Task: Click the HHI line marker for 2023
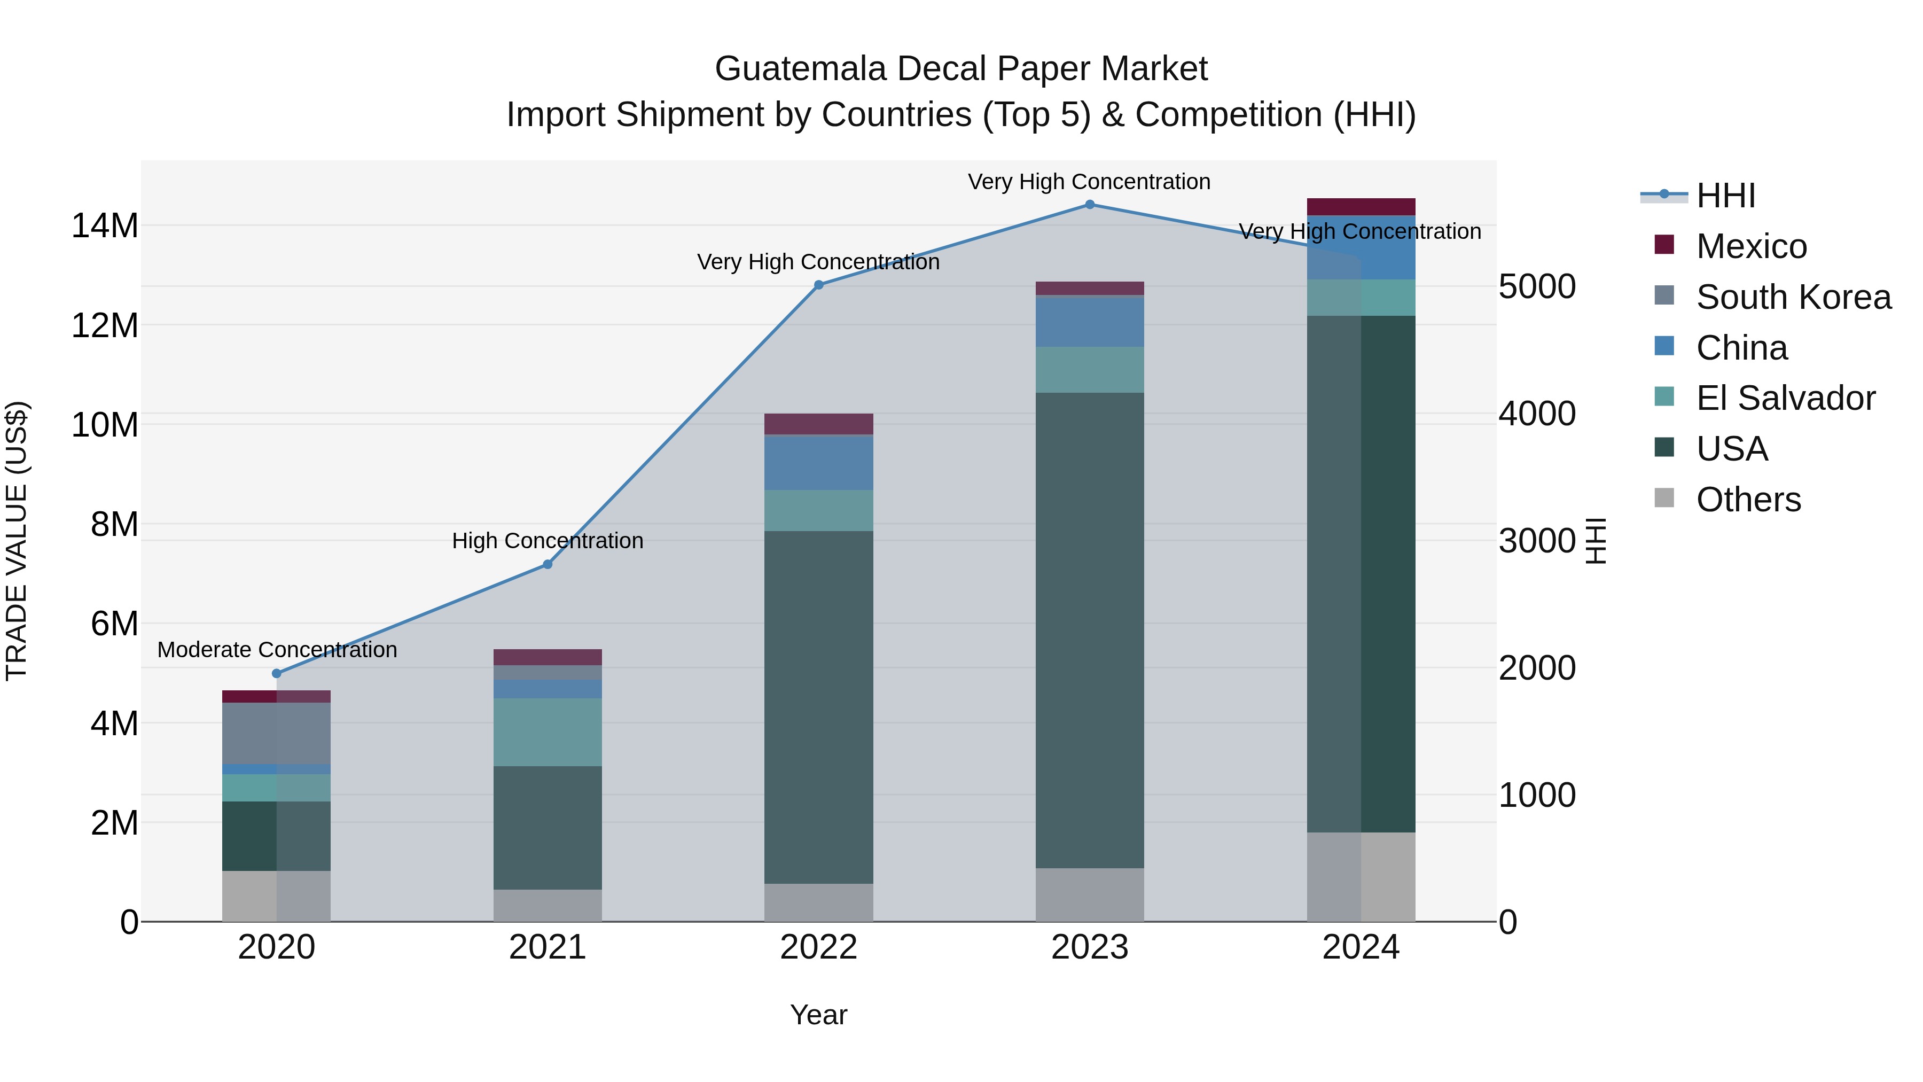click(x=1089, y=205)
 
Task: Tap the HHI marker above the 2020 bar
click(x=276, y=674)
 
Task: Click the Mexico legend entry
click(x=1750, y=246)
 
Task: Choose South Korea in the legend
click(x=1793, y=297)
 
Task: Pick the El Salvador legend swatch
click(x=1664, y=397)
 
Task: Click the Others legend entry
click(x=1748, y=500)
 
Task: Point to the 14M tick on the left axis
click(x=105, y=225)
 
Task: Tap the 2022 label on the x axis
click(x=818, y=947)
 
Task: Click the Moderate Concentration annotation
click(x=277, y=650)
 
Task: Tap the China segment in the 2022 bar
click(x=818, y=463)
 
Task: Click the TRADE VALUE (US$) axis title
click(x=17, y=541)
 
